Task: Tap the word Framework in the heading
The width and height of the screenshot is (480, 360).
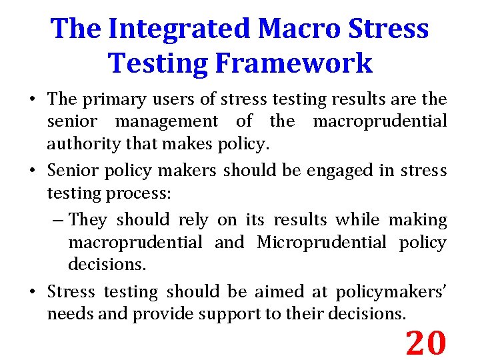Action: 292,63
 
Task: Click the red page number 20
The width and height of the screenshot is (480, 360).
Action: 426,343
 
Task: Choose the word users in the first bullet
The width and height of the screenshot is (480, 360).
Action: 181,99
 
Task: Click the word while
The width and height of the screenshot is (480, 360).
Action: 357,219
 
